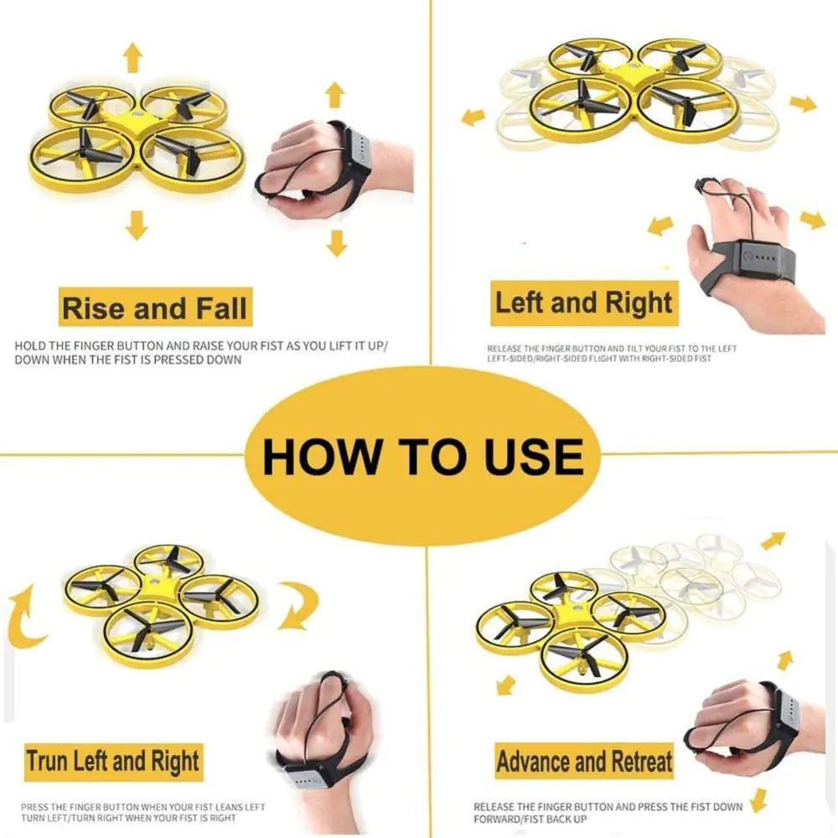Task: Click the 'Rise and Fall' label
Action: click(155, 308)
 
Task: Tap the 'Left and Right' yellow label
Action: click(583, 303)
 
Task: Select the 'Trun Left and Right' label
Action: click(112, 762)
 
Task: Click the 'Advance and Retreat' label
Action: click(584, 762)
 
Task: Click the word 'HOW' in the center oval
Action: click(320, 457)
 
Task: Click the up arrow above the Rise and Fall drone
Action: click(132, 57)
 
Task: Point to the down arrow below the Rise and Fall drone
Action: click(137, 225)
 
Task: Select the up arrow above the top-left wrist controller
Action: click(335, 94)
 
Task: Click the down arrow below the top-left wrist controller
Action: click(337, 242)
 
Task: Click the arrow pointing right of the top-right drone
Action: click(802, 103)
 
